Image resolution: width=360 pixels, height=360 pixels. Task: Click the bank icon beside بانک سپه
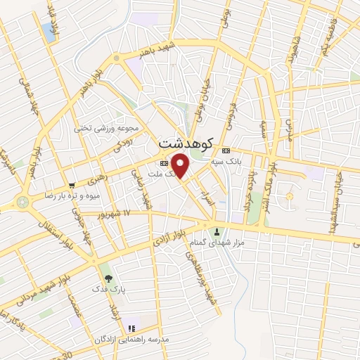pyautogui.click(x=226, y=150)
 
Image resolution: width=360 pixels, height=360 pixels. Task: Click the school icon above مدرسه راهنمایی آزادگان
pyautogui.click(x=130, y=328)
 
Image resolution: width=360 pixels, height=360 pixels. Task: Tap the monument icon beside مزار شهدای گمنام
pyautogui.click(x=217, y=232)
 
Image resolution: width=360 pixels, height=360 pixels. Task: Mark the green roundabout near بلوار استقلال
pyautogui.click(x=24, y=202)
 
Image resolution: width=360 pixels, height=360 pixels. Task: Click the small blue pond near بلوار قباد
pyautogui.click(x=49, y=30)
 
